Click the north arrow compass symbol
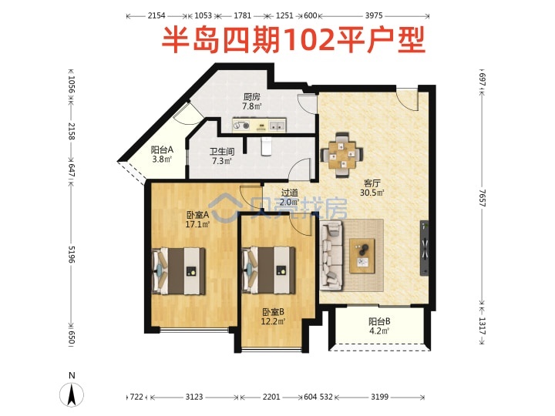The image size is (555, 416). pos(72,394)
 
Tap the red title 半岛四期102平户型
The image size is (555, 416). pos(294,41)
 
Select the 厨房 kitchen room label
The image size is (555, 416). pos(251,97)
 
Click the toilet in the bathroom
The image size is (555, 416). pos(266,146)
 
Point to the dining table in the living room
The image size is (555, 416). pos(341,155)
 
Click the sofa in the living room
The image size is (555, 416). pos(331,256)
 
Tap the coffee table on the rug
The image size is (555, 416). pos(362,256)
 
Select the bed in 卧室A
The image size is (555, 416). pos(179,271)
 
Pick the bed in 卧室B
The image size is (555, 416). pos(268,270)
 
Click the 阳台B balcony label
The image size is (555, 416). pos(379,321)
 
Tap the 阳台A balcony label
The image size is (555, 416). pos(162,149)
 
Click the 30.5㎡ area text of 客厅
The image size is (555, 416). pos(372,193)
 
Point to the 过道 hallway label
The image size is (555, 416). pos(290,193)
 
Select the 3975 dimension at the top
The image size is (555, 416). pos(374,15)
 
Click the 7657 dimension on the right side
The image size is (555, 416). pos(482,198)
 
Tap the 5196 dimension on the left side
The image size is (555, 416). pos(72,254)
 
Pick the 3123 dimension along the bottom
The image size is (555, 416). pos(194,397)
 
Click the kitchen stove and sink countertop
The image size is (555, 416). pos(259,126)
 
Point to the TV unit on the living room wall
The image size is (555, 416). pos(425,248)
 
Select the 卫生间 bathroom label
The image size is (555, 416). pos(222,152)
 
